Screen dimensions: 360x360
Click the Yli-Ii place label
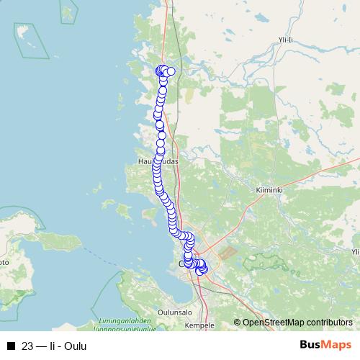pyautogui.click(x=286, y=40)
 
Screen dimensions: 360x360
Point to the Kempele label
pyautogui.click(x=199, y=325)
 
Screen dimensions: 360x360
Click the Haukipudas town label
pyautogui.click(x=156, y=163)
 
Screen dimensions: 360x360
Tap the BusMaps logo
pyautogui.click(x=325, y=346)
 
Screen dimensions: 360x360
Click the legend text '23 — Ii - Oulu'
pyautogui.click(x=54, y=346)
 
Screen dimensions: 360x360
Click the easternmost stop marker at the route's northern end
pyautogui.click(x=171, y=71)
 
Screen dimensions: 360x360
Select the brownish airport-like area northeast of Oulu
pyautogui.click(x=228, y=254)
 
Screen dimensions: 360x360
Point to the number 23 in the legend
pyautogui.click(x=28, y=346)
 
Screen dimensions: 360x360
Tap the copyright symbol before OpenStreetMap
pyautogui.click(x=237, y=323)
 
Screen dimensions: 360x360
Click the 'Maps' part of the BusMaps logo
pyautogui.click(x=337, y=346)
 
